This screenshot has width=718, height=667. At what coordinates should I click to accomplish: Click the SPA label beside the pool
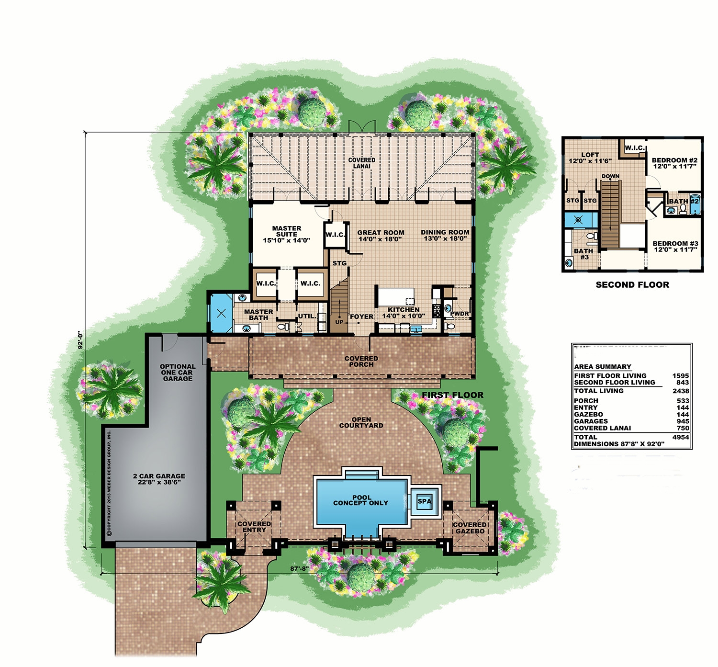point(424,501)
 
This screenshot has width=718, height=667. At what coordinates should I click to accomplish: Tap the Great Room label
point(381,233)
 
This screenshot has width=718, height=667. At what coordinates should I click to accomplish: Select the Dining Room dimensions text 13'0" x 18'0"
point(445,238)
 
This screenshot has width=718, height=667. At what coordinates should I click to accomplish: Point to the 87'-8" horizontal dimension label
point(300,569)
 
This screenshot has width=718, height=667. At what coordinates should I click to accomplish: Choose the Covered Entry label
point(254,527)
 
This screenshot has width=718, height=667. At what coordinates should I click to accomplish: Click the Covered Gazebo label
point(470,528)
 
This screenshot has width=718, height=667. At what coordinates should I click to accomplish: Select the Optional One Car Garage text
point(178,373)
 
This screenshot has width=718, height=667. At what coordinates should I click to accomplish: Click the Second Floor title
point(632,285)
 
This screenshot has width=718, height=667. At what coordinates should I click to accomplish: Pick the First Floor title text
point(452,395)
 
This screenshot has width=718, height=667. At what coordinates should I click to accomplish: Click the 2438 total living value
point(680,391)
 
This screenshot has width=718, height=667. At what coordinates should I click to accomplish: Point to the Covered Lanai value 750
point(683,428)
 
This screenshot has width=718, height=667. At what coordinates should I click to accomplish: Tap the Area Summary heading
point(602,367)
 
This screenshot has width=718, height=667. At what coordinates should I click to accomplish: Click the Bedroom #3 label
point(675,243)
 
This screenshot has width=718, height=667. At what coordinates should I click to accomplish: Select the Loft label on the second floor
point(590,155)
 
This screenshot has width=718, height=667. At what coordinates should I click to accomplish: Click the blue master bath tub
point(221,314)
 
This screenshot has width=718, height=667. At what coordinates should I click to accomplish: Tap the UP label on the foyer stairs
point(339,322)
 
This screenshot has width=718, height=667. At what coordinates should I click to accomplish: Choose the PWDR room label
point(459,314)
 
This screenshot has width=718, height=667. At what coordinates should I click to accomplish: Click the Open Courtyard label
point(361,422)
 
